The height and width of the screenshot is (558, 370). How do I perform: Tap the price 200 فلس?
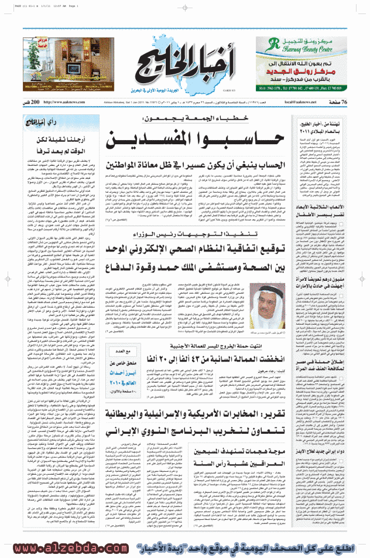coord(33,102)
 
